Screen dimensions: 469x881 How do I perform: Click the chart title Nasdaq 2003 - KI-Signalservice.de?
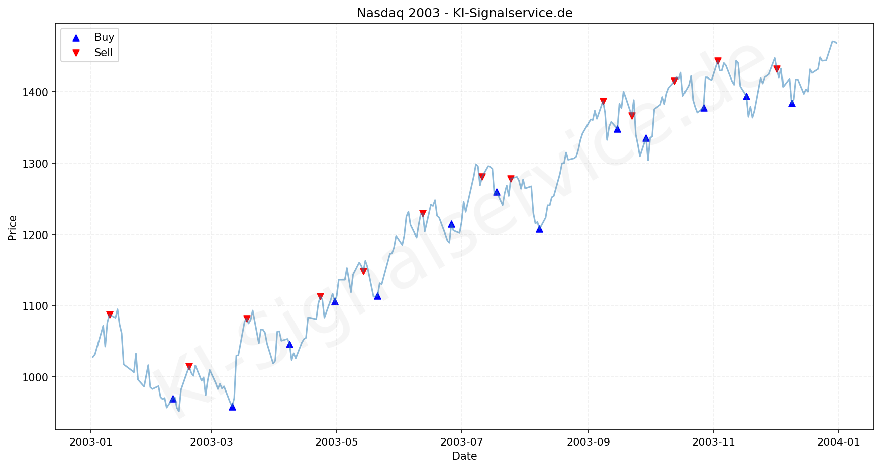(464, 13)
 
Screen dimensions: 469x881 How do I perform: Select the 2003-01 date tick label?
(90, 442)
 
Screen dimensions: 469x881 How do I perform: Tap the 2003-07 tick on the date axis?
(461, 442)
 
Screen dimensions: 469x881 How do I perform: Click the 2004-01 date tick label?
(838, 442)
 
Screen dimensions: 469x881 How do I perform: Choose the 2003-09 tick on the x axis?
(588, 442)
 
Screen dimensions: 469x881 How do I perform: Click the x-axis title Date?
(464, 456)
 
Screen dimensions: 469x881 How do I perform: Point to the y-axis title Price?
(13, 228)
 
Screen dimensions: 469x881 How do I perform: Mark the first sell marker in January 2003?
(110, 315)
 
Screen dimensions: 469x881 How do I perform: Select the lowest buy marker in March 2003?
(232, 407)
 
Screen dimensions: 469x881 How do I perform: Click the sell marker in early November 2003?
(718, 61)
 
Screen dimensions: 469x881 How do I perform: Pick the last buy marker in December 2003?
(792, 103)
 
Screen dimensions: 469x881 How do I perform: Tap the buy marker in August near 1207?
(539, 229)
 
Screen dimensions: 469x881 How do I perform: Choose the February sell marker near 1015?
(189, 366)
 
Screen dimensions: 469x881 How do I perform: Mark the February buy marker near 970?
(173, 399)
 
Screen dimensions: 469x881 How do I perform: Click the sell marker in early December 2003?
(777, 69)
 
